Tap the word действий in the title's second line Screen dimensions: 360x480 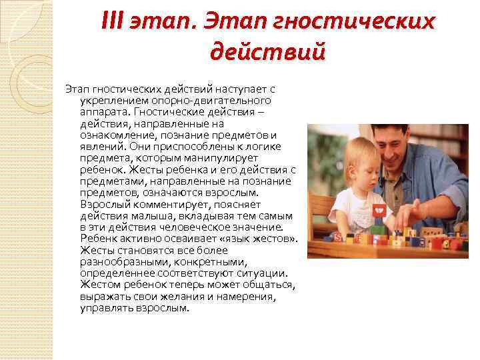[x=267, y=50]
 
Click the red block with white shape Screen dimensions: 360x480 [x=379, y=213]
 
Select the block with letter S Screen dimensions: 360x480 [x=338, y=237]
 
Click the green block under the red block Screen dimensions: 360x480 [x=379, y=229]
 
